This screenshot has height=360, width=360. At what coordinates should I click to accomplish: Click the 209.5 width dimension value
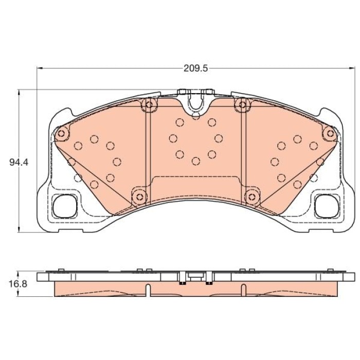click(195, 68)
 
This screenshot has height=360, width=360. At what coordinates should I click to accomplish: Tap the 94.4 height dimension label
click(19, 163)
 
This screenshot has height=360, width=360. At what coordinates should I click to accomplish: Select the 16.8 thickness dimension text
click(18, 284)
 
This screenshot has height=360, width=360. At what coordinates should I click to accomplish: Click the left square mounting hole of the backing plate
click(64, 206)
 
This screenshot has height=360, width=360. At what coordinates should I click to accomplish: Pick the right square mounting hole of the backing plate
click(327, 206)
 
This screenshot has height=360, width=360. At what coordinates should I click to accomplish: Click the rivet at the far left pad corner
click(61, 134)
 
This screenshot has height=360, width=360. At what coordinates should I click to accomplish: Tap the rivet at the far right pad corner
click(330, 133)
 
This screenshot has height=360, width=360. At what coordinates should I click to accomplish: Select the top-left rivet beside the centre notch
click(149, 105)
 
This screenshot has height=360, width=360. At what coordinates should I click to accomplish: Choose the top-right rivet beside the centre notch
click(243, 105)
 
